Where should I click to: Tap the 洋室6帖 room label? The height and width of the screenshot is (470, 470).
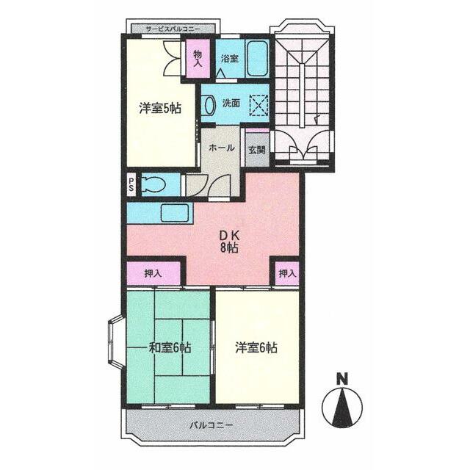coord(257,347)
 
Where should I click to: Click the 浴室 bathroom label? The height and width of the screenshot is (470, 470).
coord(229,59)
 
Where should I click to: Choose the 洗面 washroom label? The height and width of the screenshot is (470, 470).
coord(231,104)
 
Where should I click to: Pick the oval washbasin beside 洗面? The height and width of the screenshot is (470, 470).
coord(209,106)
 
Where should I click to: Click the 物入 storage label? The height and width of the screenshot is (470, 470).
coord(198,58)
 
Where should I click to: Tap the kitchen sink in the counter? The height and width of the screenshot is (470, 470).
coord(174,214)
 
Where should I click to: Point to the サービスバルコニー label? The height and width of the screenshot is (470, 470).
coord(173,29)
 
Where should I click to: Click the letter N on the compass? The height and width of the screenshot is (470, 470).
coord(341,379)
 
